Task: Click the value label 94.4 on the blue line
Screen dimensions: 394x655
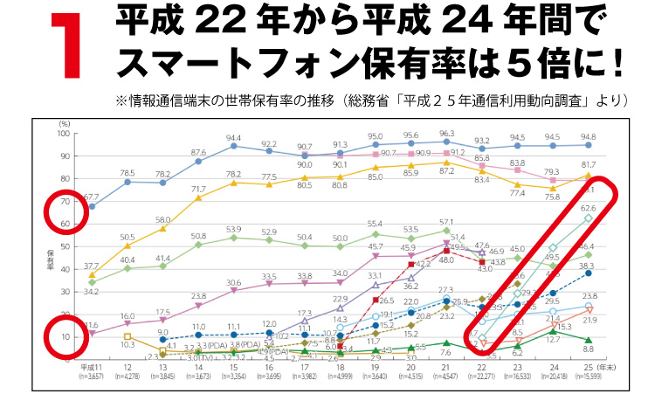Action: pyautogui.click(x=233, y=138)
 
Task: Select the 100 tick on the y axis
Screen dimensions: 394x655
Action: pyautogui.click(x=62, y=134)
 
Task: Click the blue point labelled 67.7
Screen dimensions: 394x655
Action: pyautogui.click(x=92, y=207)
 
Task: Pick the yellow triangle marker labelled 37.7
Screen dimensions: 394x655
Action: pyautogui.click(x=92, y=274)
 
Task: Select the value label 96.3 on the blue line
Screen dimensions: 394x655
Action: pyautogui.click(x=447, y=133)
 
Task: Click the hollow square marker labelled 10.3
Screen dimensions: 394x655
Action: pyautogui.click(x=127, y=336)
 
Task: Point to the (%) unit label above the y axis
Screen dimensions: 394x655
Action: pyautogui.click(x=63, y=125)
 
